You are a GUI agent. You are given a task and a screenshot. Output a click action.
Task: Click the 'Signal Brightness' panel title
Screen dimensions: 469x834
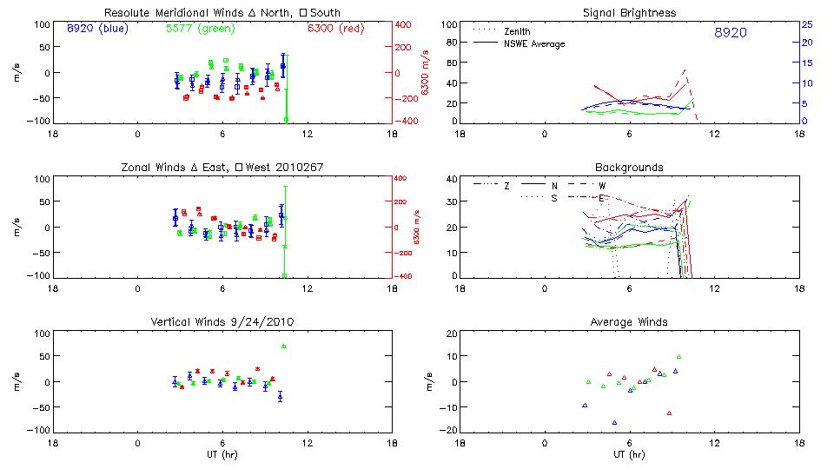click(632, 13)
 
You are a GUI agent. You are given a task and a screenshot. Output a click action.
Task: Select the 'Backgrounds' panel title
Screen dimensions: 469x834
click(632, 167)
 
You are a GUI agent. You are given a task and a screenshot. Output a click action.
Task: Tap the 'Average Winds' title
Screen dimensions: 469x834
click(632, 321)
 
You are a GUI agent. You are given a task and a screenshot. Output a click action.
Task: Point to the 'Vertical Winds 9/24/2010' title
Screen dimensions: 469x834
click(223, 321)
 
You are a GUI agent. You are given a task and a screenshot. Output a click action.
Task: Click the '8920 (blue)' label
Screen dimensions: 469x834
click(96, 29)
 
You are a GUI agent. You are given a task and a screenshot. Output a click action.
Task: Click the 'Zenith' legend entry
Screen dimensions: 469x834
click(518, 31)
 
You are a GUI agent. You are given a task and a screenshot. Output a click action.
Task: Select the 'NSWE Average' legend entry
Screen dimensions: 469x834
click(534, 43)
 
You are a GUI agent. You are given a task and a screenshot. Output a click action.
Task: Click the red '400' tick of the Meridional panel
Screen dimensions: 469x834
click(405, 24)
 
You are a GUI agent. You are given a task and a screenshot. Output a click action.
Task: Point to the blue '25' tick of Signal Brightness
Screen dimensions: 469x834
click(806, 24)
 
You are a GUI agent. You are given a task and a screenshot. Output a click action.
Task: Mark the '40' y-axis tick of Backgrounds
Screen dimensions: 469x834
click(451, 180)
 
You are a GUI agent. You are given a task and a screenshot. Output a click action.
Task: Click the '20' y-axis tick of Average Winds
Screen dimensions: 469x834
click(451, 334)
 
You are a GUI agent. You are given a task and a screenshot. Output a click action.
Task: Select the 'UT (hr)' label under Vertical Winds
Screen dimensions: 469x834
click(223, 454)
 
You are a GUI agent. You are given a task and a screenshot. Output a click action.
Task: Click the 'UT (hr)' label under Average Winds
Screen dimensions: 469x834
click(632, 454)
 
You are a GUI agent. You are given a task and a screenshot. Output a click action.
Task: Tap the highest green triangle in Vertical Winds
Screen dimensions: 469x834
click(284, 347)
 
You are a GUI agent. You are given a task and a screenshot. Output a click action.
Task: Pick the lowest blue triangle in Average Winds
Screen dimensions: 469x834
click(614, 423)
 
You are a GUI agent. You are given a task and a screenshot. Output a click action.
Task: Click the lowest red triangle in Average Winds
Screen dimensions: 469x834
click(669, 413)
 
